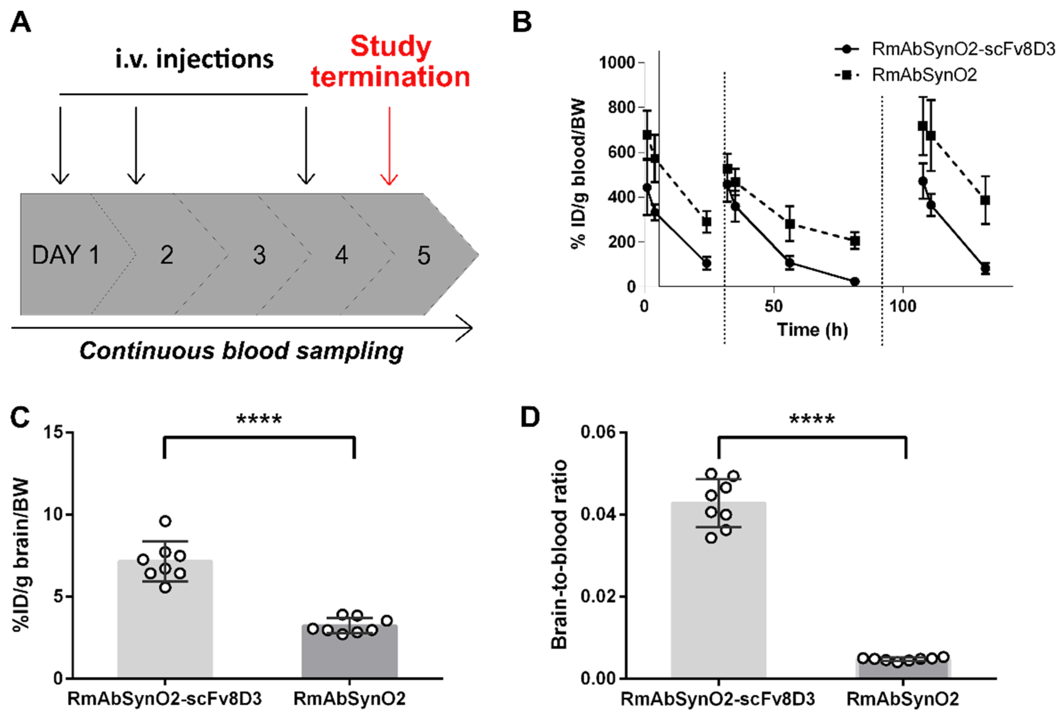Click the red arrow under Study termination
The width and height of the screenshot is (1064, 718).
[389, 147]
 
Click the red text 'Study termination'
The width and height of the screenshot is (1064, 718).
[391, 61]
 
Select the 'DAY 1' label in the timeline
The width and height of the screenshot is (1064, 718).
[66, 255]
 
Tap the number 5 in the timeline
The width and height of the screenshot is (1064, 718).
[424, 255]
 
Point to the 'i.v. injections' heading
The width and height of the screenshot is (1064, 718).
[194, 59]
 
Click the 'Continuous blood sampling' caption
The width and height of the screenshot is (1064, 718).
[241, 351]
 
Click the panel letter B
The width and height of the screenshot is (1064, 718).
[522, 22]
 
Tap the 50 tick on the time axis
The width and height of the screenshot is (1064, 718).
[773, 306]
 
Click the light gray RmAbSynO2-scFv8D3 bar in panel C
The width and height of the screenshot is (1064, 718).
[165, 632]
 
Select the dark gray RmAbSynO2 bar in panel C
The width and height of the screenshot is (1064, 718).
[349, 655]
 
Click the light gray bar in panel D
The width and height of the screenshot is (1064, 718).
[718, 604]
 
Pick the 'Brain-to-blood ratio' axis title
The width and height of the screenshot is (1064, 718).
[559, 554]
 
